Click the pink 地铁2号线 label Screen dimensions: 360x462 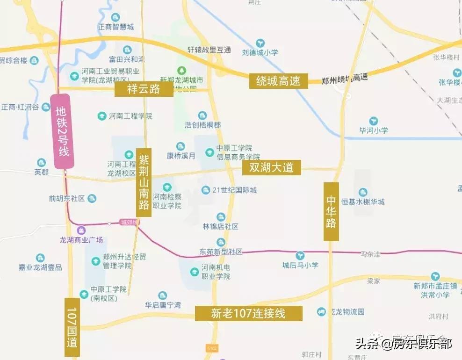tap(62, 131)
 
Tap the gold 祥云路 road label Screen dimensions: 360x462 tap(144, 89)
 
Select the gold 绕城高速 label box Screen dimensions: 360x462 tap(278, 81)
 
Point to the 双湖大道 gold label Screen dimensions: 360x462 tap(271, 167)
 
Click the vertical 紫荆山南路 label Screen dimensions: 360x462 tap(144, 182)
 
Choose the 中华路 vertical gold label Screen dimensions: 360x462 tap(331, 211)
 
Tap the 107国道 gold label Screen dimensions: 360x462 tap(72, 327)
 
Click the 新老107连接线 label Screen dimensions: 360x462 tap(248, 313)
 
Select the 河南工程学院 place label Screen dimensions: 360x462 tap(130, 116)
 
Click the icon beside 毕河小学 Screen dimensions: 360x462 tap(373, 121)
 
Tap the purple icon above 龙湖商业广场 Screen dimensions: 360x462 tap(81, 230)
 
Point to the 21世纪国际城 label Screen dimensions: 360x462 tap(234, 190)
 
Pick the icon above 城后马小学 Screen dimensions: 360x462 tap(300, 255)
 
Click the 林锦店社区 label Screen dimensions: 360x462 tap(220, 226)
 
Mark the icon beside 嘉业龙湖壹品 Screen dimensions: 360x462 tap(41, 258)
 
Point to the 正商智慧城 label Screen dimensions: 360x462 tap(115, 27)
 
